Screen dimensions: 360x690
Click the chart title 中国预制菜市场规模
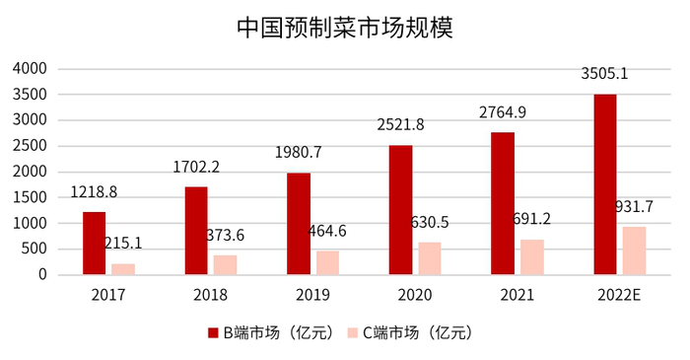coord(344,27)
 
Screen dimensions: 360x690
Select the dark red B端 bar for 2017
coord(94,243)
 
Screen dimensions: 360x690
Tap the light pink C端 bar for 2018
coord(225,264)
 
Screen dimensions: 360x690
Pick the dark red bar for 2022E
coord(604,183)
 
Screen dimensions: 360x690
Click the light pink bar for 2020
coord(429,257)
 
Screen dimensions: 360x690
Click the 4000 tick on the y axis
coord(31,69)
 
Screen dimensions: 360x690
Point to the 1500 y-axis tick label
coord(31,197)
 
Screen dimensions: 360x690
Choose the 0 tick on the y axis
coord(42,274)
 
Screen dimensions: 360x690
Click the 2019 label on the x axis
coord(313,294)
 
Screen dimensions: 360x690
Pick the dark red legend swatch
coord(213,332)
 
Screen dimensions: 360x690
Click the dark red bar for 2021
coord(502,203)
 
